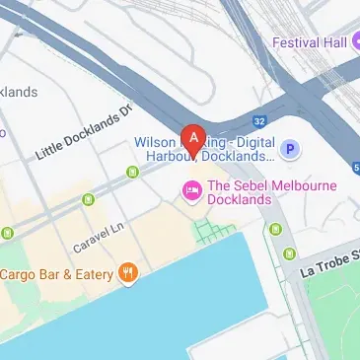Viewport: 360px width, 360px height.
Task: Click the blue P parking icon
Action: (x=290, y=150)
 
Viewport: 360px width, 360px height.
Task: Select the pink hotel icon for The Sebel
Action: (x=191, y=187)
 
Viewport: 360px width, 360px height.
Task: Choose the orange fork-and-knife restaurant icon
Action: (x=126, y=272)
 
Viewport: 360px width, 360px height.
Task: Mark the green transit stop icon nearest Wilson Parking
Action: (x=132, y=174)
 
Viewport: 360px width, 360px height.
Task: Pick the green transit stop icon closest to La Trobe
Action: (x=274, y=230)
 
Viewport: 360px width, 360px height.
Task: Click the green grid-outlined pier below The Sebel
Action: (x=214, y=233)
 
